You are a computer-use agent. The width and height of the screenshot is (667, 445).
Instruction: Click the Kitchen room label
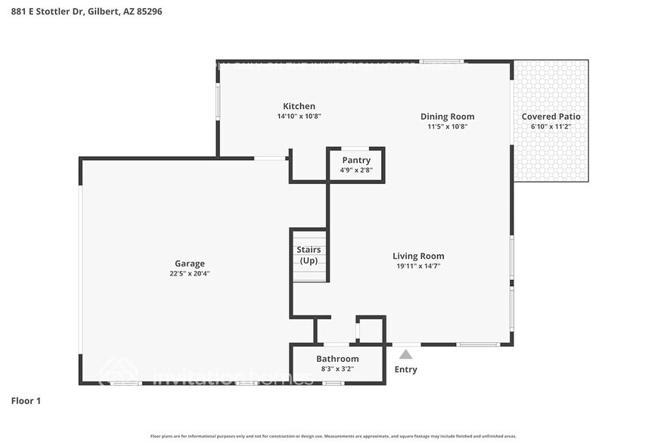[299, 106]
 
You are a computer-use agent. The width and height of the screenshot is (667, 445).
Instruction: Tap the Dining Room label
[447, 117]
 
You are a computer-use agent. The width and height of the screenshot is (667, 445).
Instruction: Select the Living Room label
[418, 256]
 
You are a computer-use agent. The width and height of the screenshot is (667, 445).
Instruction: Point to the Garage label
[190, 263]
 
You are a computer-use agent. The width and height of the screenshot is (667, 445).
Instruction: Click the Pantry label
[356, 160]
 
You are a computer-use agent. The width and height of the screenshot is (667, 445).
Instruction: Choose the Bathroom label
[337, 359]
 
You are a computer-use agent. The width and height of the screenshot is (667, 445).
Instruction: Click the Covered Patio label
[551, 117]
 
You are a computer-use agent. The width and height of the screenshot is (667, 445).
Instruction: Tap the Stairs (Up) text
[309, 255]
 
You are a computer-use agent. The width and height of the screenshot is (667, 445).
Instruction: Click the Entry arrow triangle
[406, 354]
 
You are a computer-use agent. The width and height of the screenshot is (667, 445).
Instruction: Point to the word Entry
[406, 369]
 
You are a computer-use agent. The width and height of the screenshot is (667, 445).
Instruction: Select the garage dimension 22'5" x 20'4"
[190, 274]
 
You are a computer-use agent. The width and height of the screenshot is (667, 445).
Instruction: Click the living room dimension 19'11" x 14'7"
[418, 266]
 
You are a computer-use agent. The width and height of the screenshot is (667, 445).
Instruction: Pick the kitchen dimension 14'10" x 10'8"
[299, 117]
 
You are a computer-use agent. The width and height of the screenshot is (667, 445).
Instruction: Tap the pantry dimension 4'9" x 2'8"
[355, 170]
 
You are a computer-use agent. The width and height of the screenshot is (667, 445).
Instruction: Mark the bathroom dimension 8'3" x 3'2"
[337, 369]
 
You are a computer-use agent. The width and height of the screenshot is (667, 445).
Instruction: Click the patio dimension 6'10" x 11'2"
[551, 127]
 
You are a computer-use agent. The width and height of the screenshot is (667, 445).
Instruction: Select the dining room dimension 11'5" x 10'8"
[447, 127]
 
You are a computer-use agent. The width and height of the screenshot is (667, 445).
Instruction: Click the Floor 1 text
[26, 400]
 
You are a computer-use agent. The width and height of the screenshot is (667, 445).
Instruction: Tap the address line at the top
[87, 12]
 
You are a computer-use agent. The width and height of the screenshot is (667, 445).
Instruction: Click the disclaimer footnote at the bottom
[333, 437]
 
